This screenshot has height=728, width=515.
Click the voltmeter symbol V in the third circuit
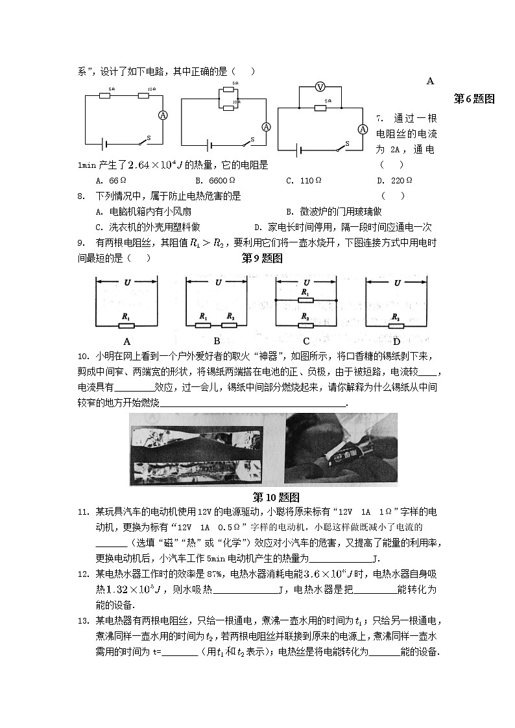[x=319, y=87]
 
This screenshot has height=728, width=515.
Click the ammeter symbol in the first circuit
[x=163, y=114]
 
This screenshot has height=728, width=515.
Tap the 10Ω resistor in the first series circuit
[x=144, y=95]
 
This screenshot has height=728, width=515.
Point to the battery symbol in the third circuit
[x=299, y=150]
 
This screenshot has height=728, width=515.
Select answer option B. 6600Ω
[x=215, y=181]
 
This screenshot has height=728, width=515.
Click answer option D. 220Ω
[x=394, y=181]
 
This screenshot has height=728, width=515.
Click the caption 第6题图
[x=473, y=99]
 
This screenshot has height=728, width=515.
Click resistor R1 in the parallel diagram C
[x=305, y=299]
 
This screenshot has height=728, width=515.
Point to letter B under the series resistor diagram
[x=217, y=341]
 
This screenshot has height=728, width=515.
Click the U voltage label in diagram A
[x=127, y=282]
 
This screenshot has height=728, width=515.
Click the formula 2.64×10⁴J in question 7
[x=152, y=165]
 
